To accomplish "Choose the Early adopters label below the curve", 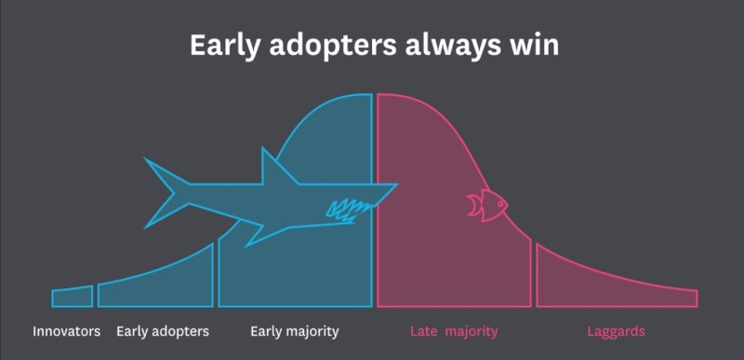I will point(163,331).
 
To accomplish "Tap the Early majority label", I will point(295,331).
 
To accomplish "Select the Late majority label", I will point(454,331).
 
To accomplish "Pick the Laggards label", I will point(616,331).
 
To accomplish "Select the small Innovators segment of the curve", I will point(73,297).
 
